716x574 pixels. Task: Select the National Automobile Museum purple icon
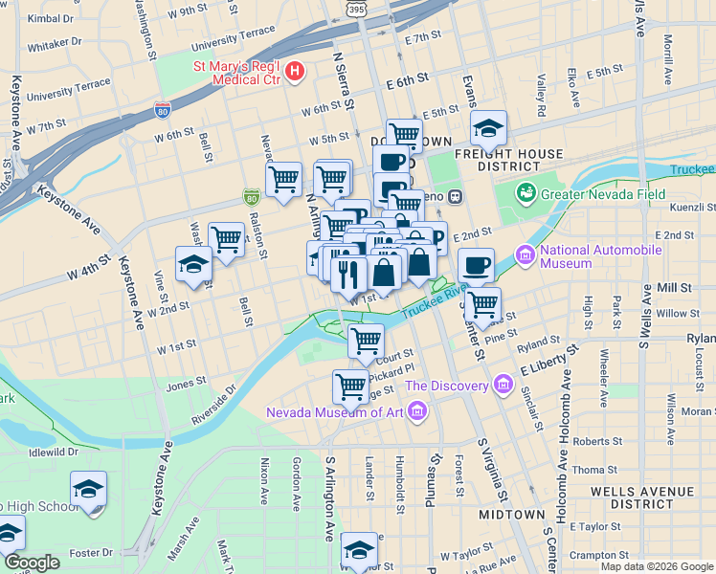(x=525, y=256)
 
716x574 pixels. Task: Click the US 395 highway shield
(x=356, y=9)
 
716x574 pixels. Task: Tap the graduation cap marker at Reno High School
(x=89, y=491)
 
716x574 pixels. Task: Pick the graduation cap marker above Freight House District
(x=488, y=129)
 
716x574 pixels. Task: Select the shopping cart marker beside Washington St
(x=226, y=239)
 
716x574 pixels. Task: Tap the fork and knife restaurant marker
(x=348, y=273)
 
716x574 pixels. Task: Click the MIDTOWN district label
(x=512, y=515)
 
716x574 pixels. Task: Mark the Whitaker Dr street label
(x=55, y=43)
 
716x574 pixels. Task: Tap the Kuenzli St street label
(x=696, y=207)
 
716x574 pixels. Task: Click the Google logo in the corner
(x=33, y=563)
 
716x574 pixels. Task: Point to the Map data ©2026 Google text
(x=656, y=566)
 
